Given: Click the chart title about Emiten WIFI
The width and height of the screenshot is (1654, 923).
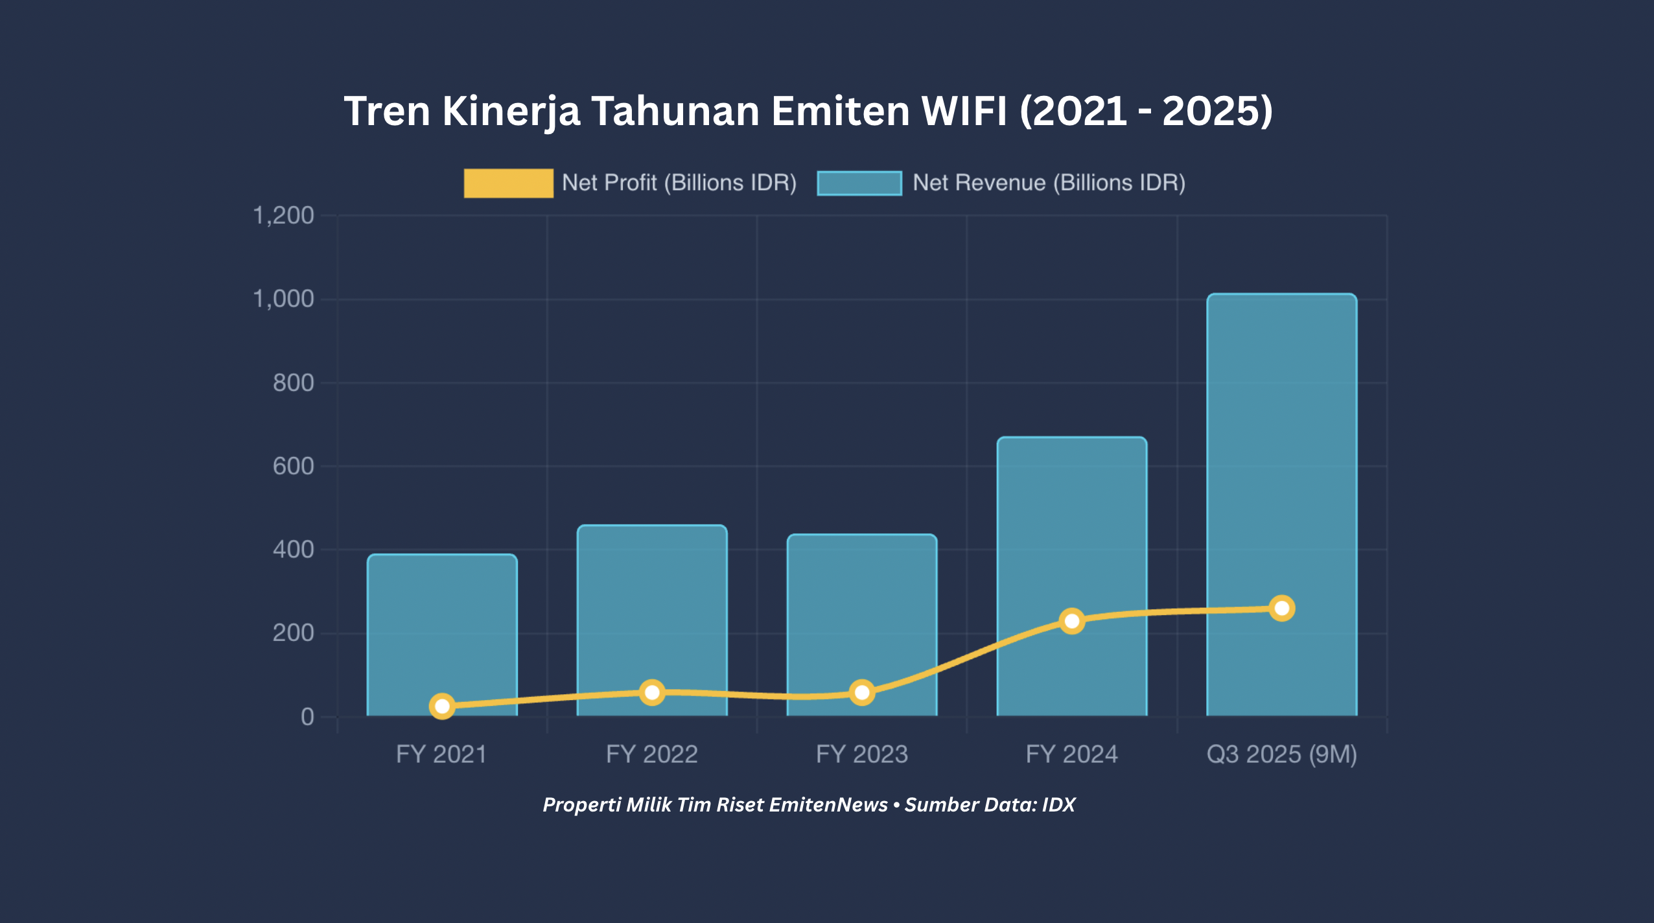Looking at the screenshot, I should click(x=808, y=111).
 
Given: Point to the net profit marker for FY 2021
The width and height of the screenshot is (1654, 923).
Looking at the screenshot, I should click(x=442, y=706).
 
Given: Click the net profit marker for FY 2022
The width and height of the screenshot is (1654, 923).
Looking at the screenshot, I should click(x=652, y=692).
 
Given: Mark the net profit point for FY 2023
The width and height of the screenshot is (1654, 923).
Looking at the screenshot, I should click(x=862, y=693).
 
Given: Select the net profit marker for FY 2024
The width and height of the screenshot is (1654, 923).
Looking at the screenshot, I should click(x=1072, y=621).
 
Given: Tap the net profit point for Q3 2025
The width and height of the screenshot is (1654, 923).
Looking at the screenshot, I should click(x=1281, y=608).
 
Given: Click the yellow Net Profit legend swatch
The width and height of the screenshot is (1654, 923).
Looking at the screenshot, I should click(x=508, y=183).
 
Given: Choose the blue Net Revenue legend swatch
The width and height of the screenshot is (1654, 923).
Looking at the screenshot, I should click(x=859, y=183).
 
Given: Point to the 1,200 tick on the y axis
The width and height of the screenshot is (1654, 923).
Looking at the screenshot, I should click(x=283, y=215).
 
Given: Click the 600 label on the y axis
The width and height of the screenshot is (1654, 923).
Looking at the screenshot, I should click(x=293, y=466).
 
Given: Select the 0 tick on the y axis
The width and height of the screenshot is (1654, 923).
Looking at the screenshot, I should click(x=307, y=717).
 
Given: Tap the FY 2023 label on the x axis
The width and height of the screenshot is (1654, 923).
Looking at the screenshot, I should click(x=862, y=754).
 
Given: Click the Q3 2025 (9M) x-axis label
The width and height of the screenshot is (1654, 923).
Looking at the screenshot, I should click(x=1281, y=754).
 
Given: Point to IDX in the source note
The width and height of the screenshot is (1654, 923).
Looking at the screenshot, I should click(x=1058, y=804).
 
